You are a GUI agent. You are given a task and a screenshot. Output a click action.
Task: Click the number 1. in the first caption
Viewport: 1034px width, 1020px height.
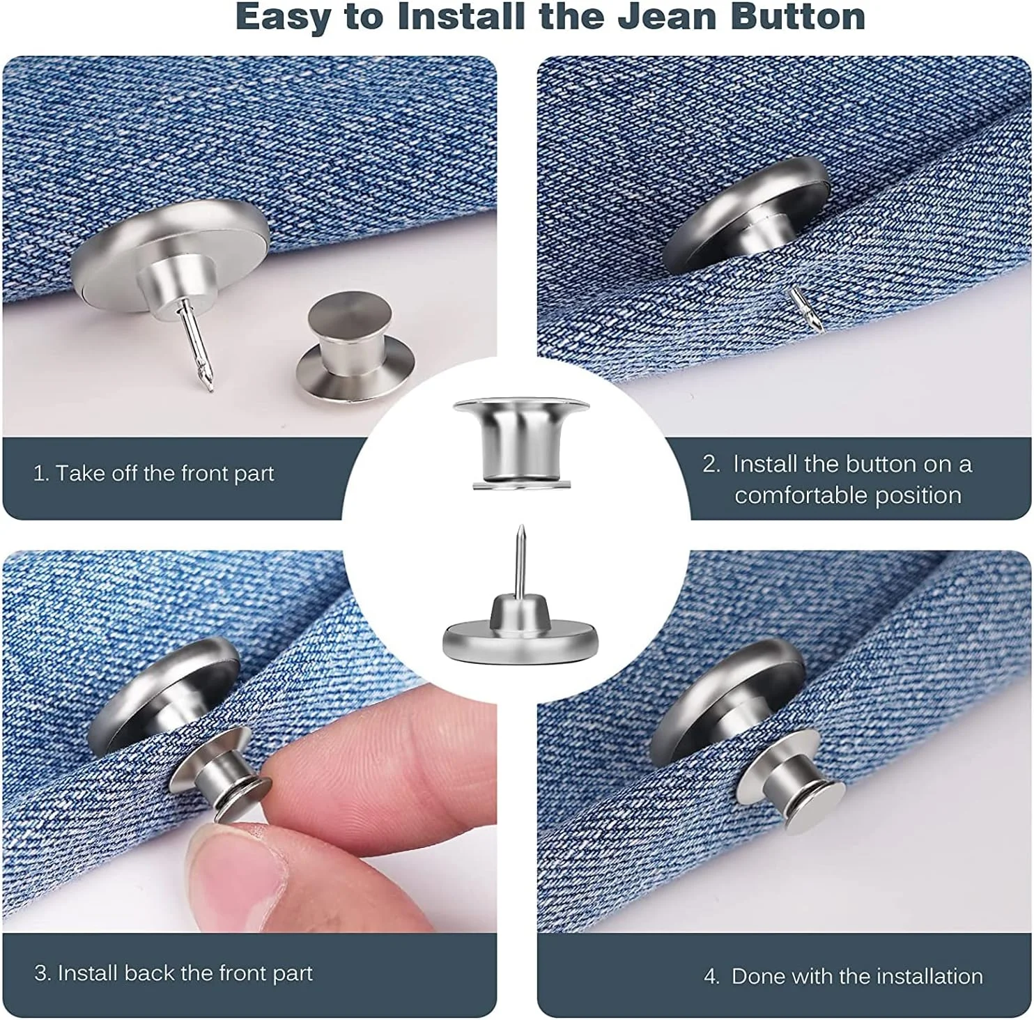point(41,474)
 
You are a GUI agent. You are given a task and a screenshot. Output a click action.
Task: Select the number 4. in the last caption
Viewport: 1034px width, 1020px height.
point(711,976)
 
